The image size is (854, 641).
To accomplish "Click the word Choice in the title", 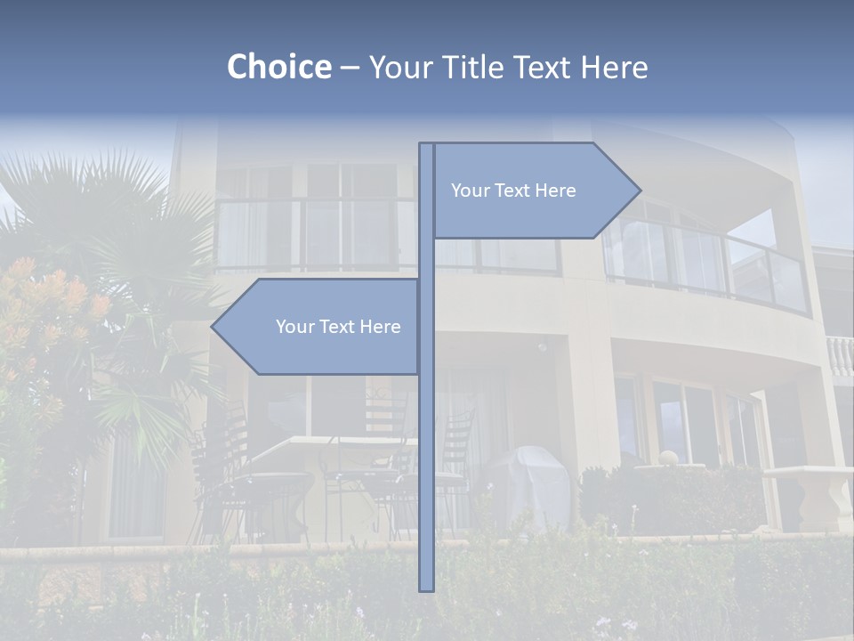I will click(x=278, y=67).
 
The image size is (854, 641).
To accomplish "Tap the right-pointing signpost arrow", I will click(x=534, y=191).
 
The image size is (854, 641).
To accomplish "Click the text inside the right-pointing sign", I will click(x=513, y=191).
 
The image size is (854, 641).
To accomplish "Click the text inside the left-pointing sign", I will click(x=338, y=327).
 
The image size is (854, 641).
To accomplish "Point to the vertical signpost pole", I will click(x=426, y=445).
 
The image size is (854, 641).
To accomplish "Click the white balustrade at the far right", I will click(x=840, y=356).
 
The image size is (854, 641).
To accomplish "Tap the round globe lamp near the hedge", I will click(x=667, y=458).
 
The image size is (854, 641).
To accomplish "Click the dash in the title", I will click(x=350, y=67).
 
